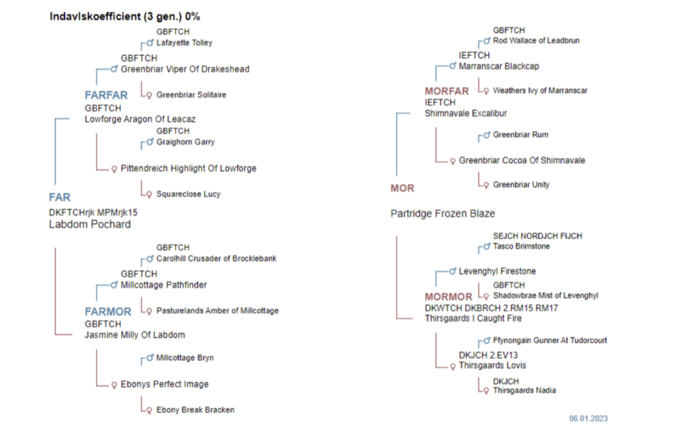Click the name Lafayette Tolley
[184, 43]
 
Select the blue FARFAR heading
[106, 95]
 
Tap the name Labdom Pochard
[90, 225]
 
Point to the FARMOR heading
[108, 312]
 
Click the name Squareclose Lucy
[188, 195]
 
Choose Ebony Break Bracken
[195, 410]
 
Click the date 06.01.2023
[588, 419]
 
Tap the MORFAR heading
[447, 91]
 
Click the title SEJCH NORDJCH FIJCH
[537, 237]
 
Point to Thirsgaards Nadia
[524, 391]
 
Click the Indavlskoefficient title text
[125, 16]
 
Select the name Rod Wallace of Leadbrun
[536, 41]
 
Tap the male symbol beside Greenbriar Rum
[486, 136]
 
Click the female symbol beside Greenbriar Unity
[486, 185]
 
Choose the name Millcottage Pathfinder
[164, 285]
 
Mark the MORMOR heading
[448, 297]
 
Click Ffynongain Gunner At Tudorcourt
[550, 340]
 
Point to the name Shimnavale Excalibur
[466, 114]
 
